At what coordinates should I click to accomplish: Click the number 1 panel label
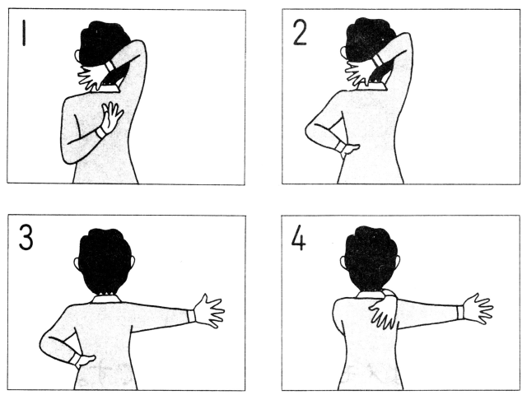click(24, 33)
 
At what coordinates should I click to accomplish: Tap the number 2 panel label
click(300, 33)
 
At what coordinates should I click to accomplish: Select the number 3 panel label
click(26, 237)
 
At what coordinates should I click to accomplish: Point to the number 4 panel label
click(298, 237)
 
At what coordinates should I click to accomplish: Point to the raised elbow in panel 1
click(138, 47)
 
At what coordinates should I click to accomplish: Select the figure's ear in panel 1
click(77, 56)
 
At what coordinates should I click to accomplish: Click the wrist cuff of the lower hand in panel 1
click(100, 132)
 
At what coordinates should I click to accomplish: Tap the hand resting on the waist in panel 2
click(349, 150)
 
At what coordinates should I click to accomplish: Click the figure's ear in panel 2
click(343, 53)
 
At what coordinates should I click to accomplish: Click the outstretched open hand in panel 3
click(209, 311)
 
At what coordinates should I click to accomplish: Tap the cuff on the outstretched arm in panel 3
click(191, 316)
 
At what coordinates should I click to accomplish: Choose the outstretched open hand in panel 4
click(478, 309)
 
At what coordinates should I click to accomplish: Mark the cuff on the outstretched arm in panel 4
click(459, 312)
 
